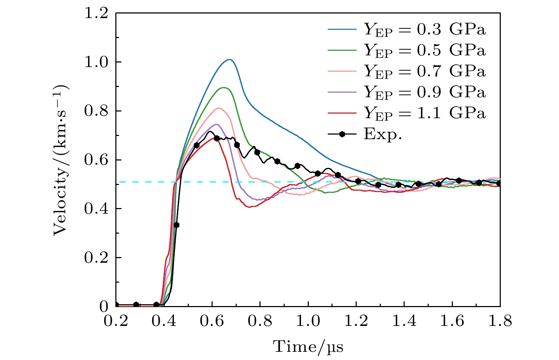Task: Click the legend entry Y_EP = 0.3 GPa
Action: click(x=424, y=30)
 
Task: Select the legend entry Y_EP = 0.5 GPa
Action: click(x=424, y=50)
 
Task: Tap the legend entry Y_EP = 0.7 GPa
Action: click(x=424, y=71)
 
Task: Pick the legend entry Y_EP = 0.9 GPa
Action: click(x=424, y=92)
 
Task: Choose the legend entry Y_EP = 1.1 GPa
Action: click(x=424, y=113)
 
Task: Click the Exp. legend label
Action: click(x=383, y=134)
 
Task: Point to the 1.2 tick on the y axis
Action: click(x=96, y=13)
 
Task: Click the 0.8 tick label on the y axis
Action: click(x=96, y=111)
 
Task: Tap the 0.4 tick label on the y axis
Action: click(x=96, y=209)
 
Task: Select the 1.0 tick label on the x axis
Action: click(x=308, y=321)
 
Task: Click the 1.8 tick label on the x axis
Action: click(x=500, y=321)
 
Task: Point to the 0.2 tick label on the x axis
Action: click(x=116, y=321)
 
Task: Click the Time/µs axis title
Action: click(x=308, y=346)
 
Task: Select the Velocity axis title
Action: click(x=61, y=160)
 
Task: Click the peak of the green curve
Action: click(x=224, y=87)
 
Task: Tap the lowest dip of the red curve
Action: click(x=250, y=207)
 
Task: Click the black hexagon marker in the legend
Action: click(x=342, y=134)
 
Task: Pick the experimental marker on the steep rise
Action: click(x=176, y=225)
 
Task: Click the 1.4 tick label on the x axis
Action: click(x=404, y=321)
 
